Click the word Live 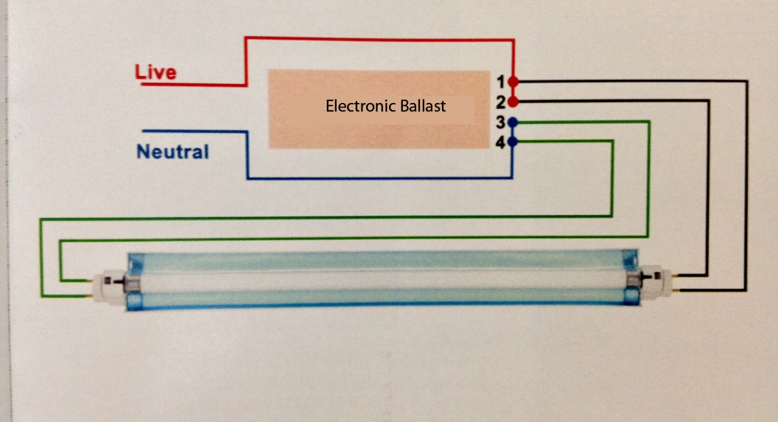pyautogui.click(x=156, y=72)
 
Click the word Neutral pyautogui.click(x=172, y=152)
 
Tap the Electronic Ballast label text pyautogui.click(x=386, y=106)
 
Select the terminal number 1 pyautogui.click(x=500, y=81)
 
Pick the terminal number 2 pyautogui.click(x=500, y=102)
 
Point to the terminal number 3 pyautogui.click(x=500, y=122)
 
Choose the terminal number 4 pyautogui.click(x=500, y=143)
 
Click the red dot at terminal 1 pyautogui.click(x=513, y=81)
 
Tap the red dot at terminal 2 pyautogui.click(x=513, y=102)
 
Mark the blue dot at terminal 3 pyautogui.click(x=513, y=122)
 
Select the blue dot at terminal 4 pyautogui.click(x=513, y=142)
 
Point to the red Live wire pyautogui.click(x=377, y=38)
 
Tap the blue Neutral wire pyautogui.click(x=377, y=178)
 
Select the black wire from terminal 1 pyautogui.click(x=747, y=186)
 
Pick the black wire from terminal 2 pyautogui.click(x=708, y=186)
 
